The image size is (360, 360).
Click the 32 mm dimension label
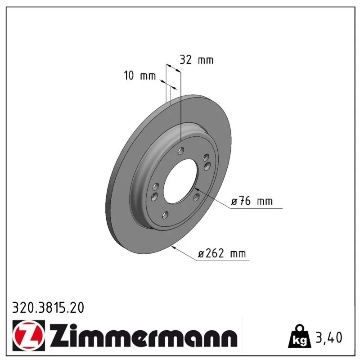(x=197, y=60)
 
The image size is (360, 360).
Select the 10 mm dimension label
(x=139, y=76)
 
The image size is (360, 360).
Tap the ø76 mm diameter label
(x=252, y=201)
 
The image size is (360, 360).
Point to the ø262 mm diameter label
(x=222, y=253)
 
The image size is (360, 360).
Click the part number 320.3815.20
(x=48, y=308)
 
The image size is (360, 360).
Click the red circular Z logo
(x=29, y=335)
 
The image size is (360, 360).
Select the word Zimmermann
(x=143, y=336)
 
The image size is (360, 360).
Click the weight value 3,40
(x=329, y=337)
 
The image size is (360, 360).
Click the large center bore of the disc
(x=180, y=181)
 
